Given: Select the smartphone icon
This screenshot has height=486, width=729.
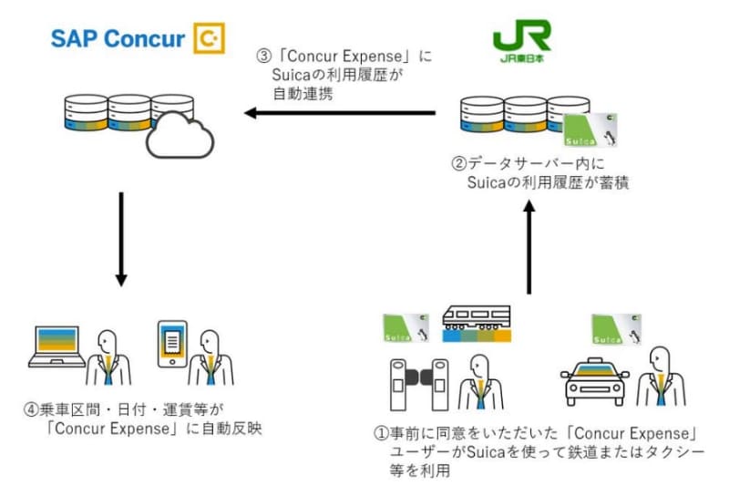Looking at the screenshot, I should tap(171, 343).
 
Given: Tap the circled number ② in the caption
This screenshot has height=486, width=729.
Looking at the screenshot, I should tap(459, 165).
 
